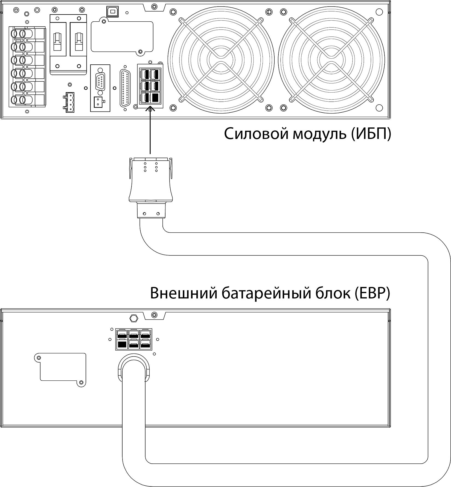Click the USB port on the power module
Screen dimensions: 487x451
tap(111, 11)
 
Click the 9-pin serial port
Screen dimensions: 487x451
tap(100, 81)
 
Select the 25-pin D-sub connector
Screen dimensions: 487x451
tap(125, 88)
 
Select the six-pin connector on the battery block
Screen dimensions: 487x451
tap(133, 339)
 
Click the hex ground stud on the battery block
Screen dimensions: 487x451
tap(134, 318)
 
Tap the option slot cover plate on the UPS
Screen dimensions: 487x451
tap(122, 36)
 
